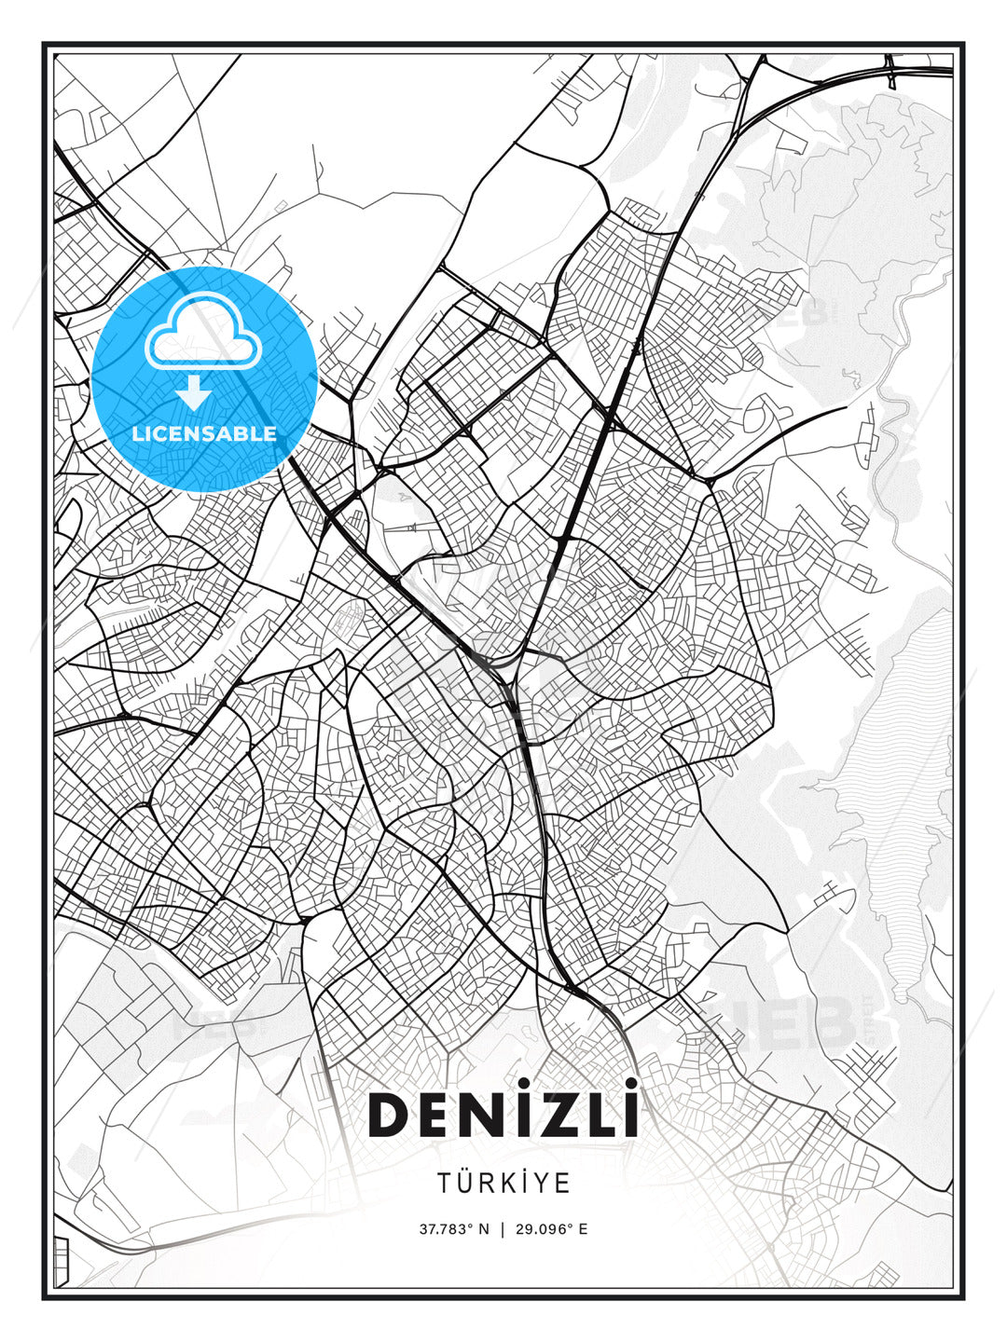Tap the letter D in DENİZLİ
(391, 1116)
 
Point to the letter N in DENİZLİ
(481, 1116)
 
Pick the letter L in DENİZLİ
(598, 1116)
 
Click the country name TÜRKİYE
(504, 1183)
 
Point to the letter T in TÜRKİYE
(445, 1184)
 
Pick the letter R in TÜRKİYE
(491, 1184)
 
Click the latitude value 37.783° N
(454, 1229)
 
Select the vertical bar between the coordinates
(504, 1229)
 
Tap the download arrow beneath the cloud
(194, 392)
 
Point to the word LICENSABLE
(204, 433)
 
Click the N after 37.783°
(484, 1229)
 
